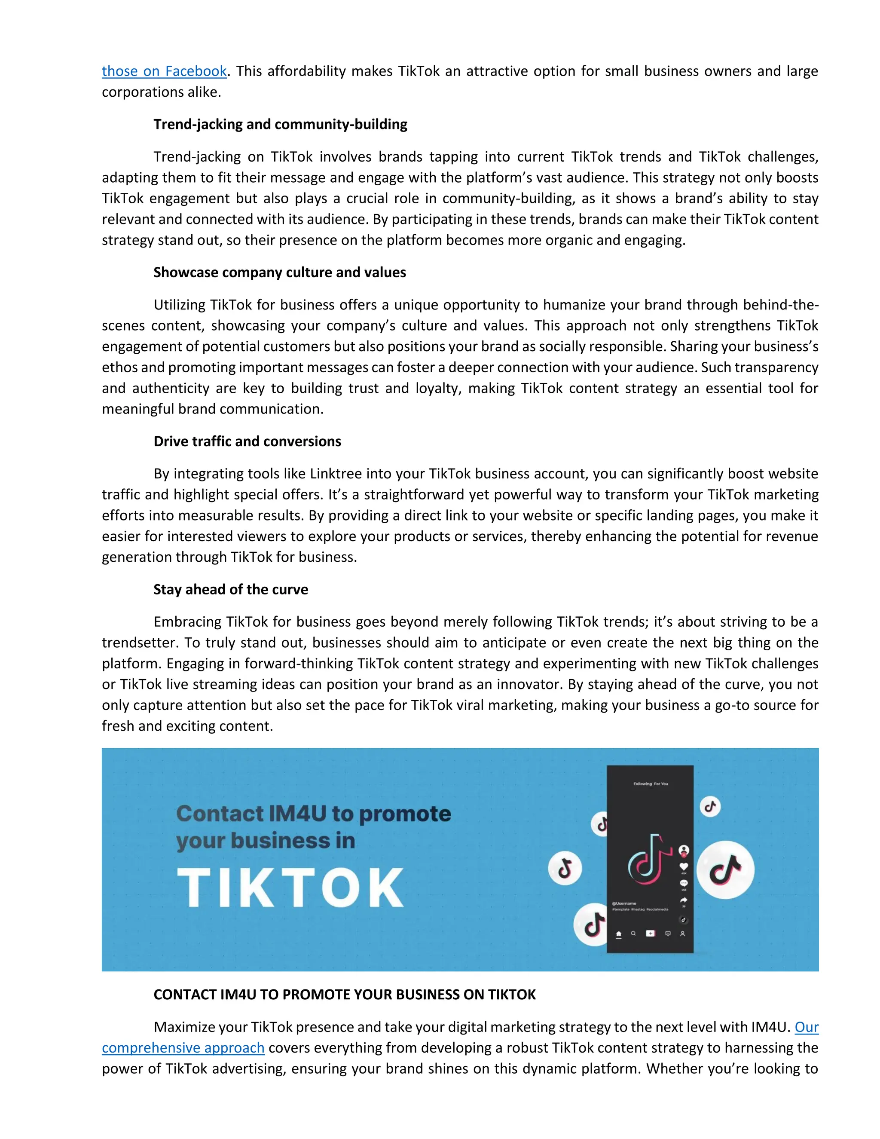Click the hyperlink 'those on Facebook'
tap(164, 71)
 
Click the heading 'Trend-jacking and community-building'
tap(280, 124)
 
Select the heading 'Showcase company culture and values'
tap(279, 272)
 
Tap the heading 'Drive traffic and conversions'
tap(247, 441)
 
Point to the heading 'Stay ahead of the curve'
tap(230, 589)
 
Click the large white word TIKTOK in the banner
tap(290, 888)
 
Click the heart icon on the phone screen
tap(684, 866)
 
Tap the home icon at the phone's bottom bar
tap(618, 934)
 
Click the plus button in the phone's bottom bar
tap(650, 933)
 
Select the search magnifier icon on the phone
tap(633, 934)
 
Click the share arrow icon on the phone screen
tap(684, 900)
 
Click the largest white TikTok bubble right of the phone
tap(725, 869)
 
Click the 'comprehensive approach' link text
tap(183, 1048)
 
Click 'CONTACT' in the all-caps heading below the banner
tap(185, 995)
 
